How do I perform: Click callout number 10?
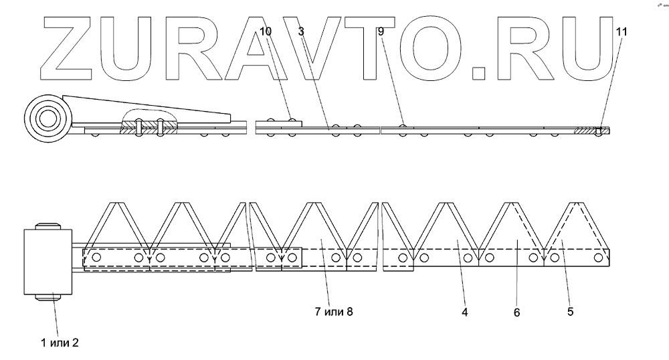(x=266, y=31)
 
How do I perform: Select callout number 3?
(x=301, y=31)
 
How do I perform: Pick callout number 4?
(x=464, y=310)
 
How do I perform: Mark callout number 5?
(x=570, y=310)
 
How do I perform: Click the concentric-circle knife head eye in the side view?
(x=46, y=119)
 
